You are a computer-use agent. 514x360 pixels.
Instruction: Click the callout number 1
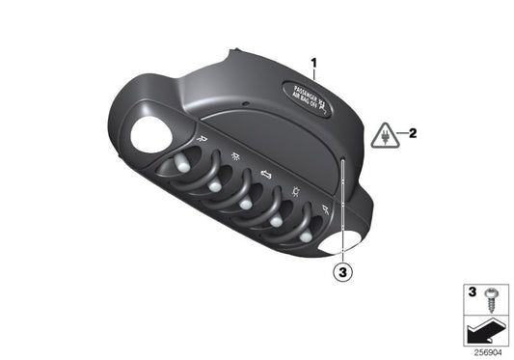[313, 63]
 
